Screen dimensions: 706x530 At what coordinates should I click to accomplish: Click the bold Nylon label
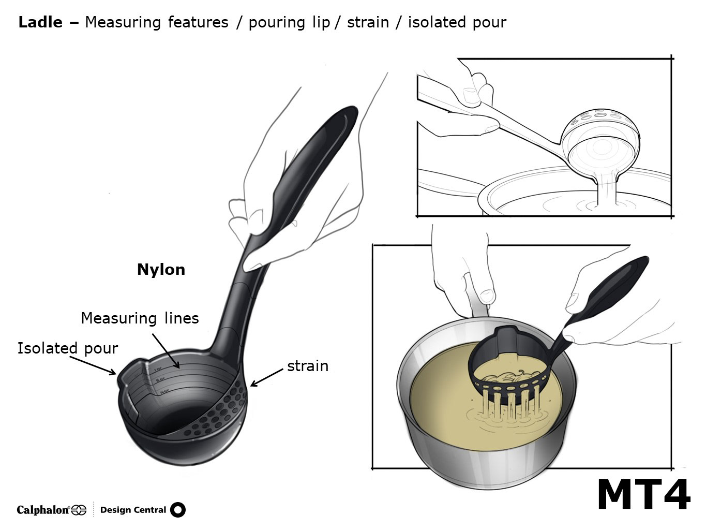tap(161, 270)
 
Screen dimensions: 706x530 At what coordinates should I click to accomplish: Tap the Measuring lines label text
tap(140, 318)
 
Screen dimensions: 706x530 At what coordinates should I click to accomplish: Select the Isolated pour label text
tap(68, 348)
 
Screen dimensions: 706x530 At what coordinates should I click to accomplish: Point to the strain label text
tap(308, 366)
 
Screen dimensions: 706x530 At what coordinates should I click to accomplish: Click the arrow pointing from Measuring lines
tap(167, 351)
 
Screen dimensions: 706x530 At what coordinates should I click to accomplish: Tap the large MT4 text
tap(643, 495)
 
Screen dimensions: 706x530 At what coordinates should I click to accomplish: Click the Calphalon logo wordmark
tap(43, 510)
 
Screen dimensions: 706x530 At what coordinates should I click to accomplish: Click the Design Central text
tap(133, 510)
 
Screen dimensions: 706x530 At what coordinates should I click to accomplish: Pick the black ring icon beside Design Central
tap(177, 510)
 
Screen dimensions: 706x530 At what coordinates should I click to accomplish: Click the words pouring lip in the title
tap(289, 22)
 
